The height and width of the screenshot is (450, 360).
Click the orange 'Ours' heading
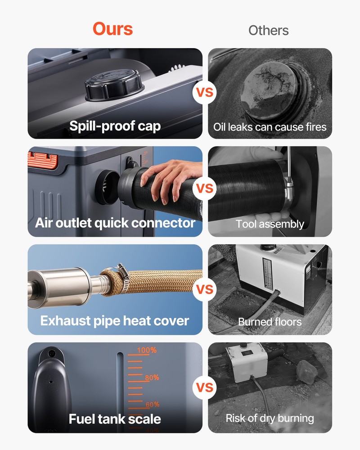click(x=113, y=29)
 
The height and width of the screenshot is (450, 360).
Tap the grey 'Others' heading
click(x=268, y=31)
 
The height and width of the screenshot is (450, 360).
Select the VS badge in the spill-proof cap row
click(x=204, y=93)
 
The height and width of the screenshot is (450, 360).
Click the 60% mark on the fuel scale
click(x=152, y=405)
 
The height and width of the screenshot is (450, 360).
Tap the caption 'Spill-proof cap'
click(x=115, y=126)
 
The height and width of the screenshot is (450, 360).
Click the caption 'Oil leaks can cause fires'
click(x=270, y=127)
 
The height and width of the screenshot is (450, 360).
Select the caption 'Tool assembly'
click(x=270, y=224)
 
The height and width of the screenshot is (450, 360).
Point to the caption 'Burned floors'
click(x=270, y=322)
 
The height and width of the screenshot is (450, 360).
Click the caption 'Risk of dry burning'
click(x=270, y=418)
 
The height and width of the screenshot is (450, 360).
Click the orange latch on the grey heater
click(x=43, y=160)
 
